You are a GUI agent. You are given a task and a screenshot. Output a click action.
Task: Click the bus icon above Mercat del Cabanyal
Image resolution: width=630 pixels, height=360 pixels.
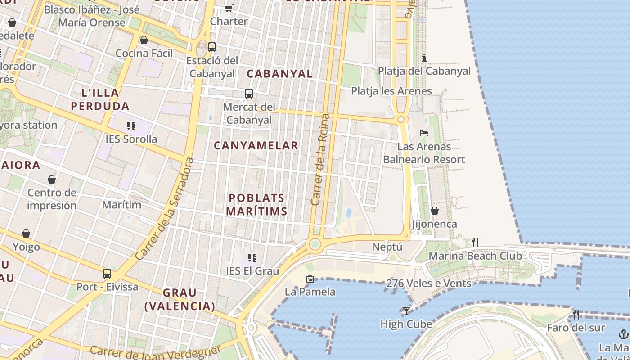(x=248, y=94)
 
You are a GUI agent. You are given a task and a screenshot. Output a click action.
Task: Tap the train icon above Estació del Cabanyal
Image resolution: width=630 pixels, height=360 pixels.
(x=211, y=47)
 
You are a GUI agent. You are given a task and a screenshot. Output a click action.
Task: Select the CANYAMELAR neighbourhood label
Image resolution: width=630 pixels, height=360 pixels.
(x=256, y=145)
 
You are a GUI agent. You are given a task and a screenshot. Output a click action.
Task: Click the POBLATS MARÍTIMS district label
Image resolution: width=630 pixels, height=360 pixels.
(x=256, y=204)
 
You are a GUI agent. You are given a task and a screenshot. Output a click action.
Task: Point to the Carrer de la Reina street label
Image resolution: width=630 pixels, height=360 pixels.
(x=321, y=160)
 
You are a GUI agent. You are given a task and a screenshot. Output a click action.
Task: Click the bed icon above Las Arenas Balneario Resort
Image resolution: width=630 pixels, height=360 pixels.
(x=424, y=133)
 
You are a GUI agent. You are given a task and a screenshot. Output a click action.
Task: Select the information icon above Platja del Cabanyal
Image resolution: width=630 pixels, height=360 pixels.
(x=424, y=58)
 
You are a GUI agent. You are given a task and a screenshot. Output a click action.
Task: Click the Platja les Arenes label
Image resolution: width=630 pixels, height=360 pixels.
(x=391, y=91)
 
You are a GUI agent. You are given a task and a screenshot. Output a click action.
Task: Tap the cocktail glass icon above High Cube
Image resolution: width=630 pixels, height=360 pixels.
(x=406, y=311)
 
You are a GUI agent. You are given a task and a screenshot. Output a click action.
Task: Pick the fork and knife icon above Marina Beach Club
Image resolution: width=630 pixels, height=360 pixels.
(x=475, y=243)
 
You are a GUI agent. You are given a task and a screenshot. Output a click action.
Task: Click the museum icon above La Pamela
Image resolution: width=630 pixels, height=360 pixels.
(x=310, y=279)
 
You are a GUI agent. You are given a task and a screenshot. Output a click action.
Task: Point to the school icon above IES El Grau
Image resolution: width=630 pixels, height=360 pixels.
(x=252, y=258)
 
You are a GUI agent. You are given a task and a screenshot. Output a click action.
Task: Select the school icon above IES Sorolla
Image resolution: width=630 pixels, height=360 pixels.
(x=131, y=126)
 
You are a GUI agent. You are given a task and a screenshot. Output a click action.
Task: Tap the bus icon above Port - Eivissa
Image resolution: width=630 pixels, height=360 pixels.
(x=107, y=273)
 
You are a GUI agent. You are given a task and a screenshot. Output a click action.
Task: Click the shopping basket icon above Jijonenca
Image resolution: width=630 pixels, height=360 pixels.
(x=435, y=211)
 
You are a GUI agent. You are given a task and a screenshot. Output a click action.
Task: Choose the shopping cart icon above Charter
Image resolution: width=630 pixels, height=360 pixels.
(x=229, y=8)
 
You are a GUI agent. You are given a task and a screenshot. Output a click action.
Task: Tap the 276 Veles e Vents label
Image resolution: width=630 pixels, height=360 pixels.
(x=429, y=283)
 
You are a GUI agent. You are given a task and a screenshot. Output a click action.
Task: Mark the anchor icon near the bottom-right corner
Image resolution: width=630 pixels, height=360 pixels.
(x=624, y=334)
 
